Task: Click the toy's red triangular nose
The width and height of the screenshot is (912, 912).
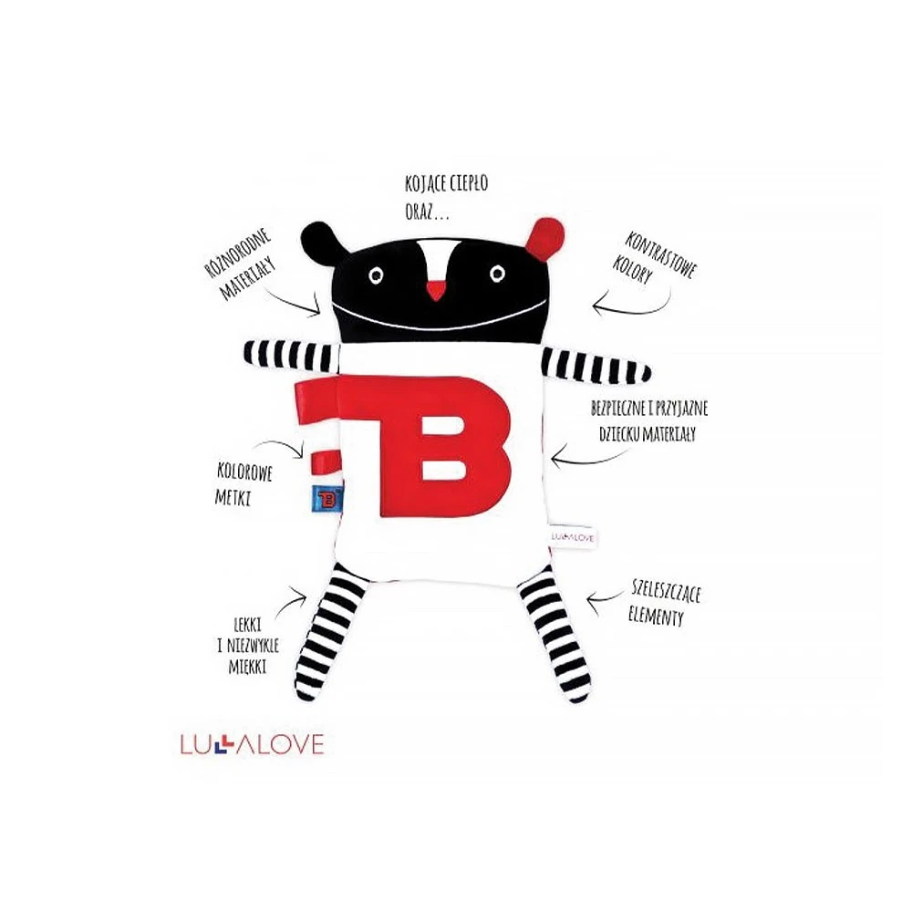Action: click(x=437, y=290)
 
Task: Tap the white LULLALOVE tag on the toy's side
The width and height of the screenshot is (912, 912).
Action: click(x=571, y=537)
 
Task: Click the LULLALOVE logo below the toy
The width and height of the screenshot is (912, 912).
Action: click(x=253, y=745)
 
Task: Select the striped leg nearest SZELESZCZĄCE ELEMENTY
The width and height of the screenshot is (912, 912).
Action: click(x=558, y=638)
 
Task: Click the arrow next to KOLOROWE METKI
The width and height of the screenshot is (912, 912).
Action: click(x=285, y=445)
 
